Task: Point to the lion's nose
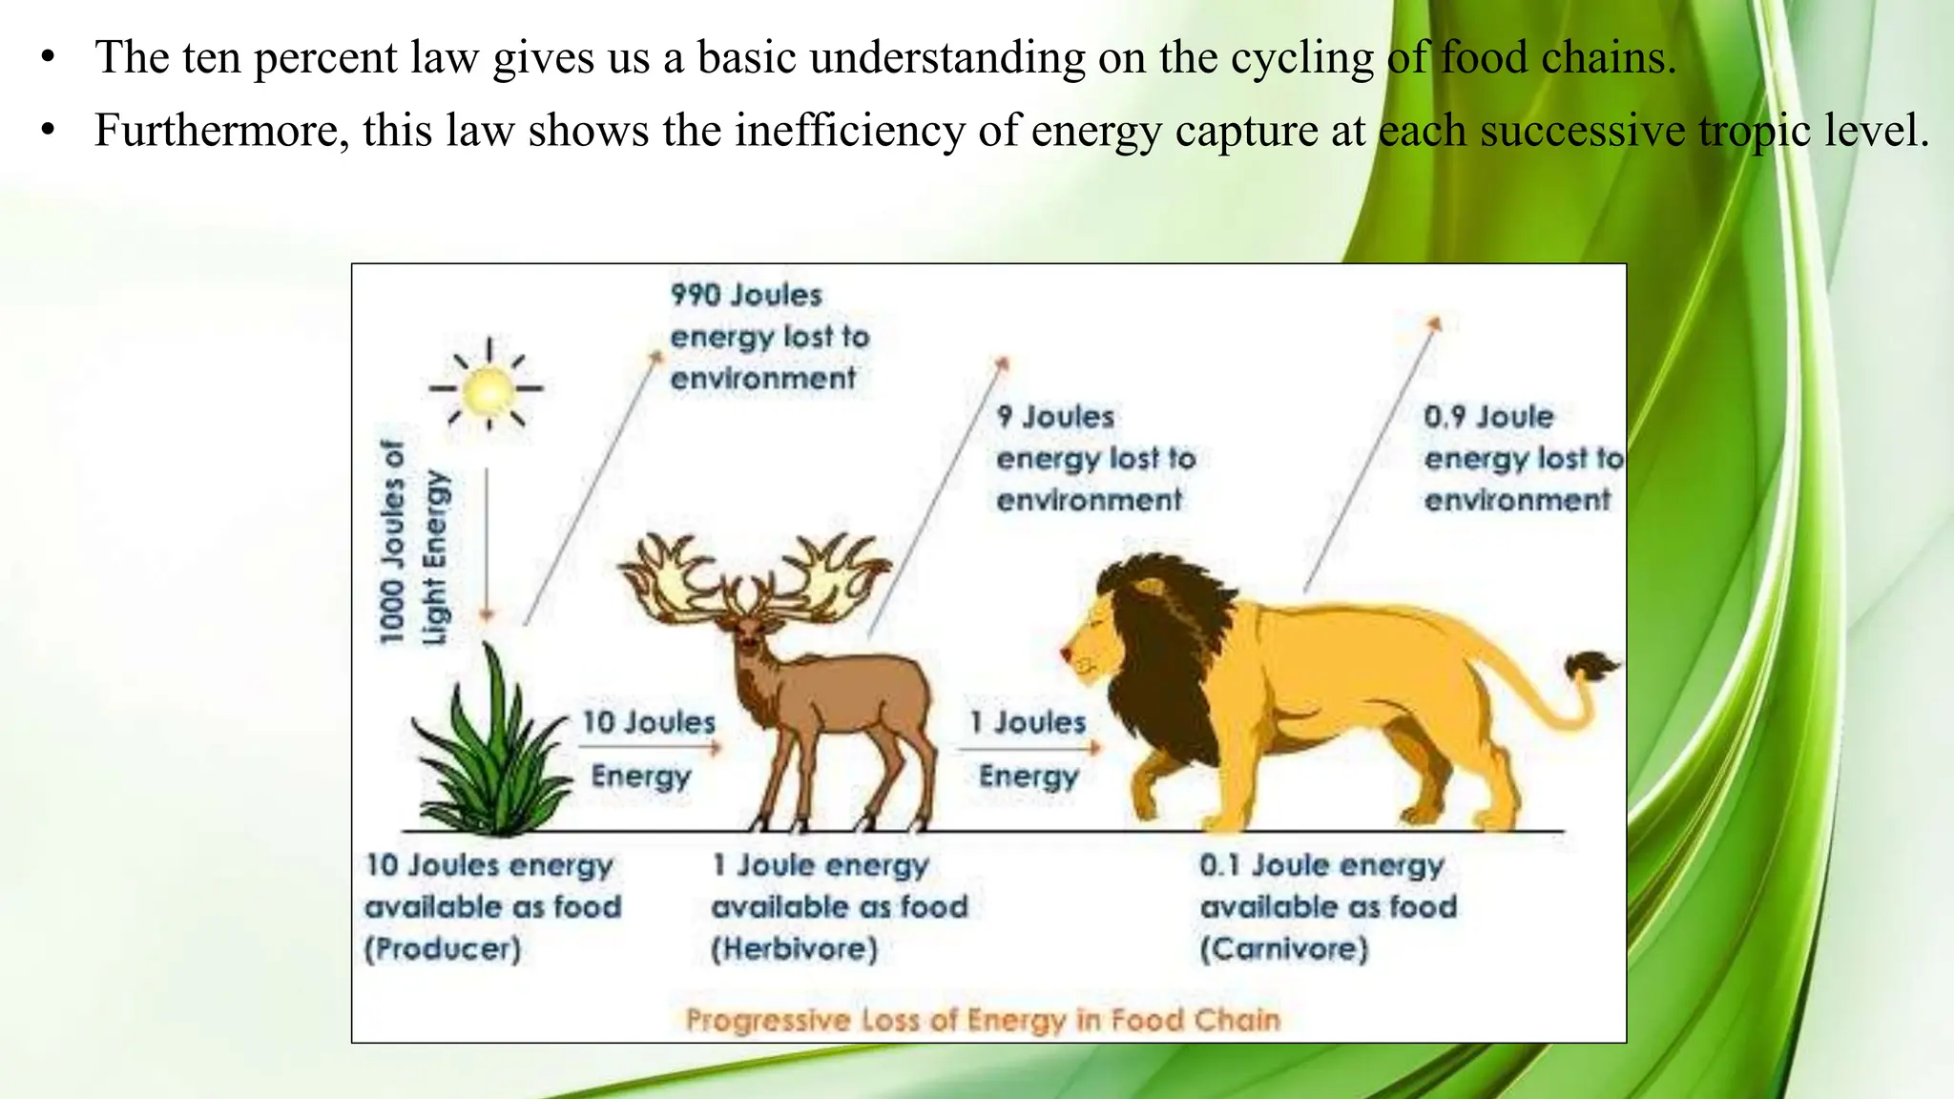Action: tap(1066, 653)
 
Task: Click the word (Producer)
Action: tap(443, 949)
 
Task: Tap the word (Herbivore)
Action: tap(794, 949)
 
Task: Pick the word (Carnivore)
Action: tap(1283, 949)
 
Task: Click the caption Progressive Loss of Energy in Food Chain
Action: tap(983, 1020)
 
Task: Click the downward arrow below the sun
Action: tap(488, 544)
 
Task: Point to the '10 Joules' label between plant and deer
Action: tap(649, 722)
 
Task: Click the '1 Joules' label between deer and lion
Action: tap(1028, 722)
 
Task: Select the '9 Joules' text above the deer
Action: tap(1055, 417)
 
